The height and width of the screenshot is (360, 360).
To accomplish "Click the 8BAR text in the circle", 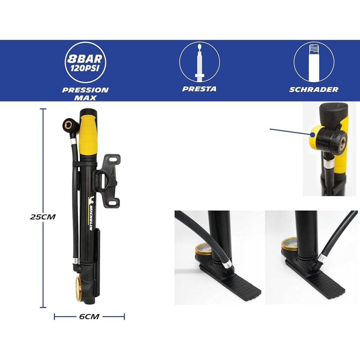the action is click(x=85, y=59).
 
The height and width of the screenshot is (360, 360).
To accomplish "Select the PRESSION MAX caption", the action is click(x=85, y=94).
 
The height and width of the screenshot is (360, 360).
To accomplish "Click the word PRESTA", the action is click(x=199, y=89).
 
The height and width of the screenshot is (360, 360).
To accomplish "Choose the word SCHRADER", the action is click(x=314, y=89).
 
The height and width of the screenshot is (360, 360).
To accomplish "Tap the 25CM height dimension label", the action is click(x=43, y=217).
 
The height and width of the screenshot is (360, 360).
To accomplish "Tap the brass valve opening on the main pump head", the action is click(x=67, y=123).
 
